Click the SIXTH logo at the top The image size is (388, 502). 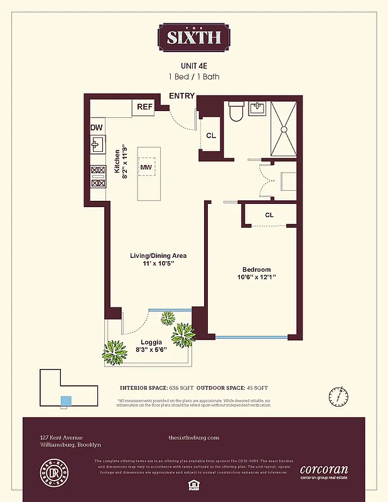194,37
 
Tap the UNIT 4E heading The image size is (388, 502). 194,65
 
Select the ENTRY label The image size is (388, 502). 182,96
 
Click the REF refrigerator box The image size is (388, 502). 144,107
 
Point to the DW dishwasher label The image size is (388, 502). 96,127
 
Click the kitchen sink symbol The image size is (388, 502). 97,146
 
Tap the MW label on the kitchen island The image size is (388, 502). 146,167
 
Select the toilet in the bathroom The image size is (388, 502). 236,112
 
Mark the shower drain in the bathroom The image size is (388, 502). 283,129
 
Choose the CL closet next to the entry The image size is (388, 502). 211,135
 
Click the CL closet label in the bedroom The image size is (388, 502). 269,215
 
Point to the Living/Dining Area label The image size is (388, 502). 158,255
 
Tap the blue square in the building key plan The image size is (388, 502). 65,400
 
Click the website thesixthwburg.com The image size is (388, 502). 194,437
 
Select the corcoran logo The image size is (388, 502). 323,469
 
